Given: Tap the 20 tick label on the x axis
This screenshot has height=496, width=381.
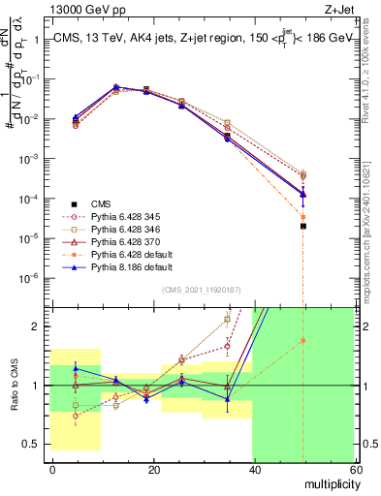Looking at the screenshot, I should pyautogui.click(x=152, y=469).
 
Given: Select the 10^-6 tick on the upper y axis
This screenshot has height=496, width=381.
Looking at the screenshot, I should pyautogui.click(x=34, y=278).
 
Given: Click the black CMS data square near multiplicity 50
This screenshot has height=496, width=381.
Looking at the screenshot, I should pyautogui.click(x=303, y=226).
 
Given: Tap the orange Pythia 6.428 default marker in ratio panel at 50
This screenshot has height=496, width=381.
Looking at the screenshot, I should pyautogui.click(x=303, y=340).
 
